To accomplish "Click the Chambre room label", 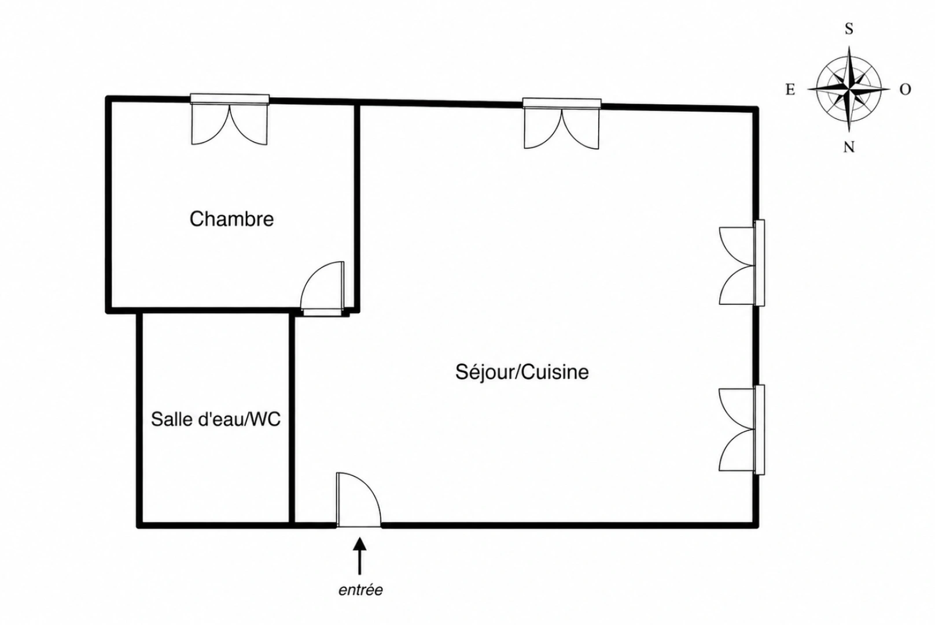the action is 231,219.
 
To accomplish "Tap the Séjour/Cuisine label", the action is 522,372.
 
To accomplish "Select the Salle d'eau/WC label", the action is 215,419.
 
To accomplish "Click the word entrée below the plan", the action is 360,590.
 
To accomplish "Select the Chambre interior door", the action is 322,288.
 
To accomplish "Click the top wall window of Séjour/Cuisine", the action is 562,124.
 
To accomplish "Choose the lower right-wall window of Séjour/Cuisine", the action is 742,429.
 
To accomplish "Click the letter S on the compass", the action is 849,29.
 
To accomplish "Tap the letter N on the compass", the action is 849,147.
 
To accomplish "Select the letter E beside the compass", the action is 790,89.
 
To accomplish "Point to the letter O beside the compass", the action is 905,89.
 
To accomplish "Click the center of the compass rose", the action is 849,89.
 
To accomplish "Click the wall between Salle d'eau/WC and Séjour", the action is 292,420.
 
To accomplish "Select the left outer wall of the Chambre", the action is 109,205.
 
